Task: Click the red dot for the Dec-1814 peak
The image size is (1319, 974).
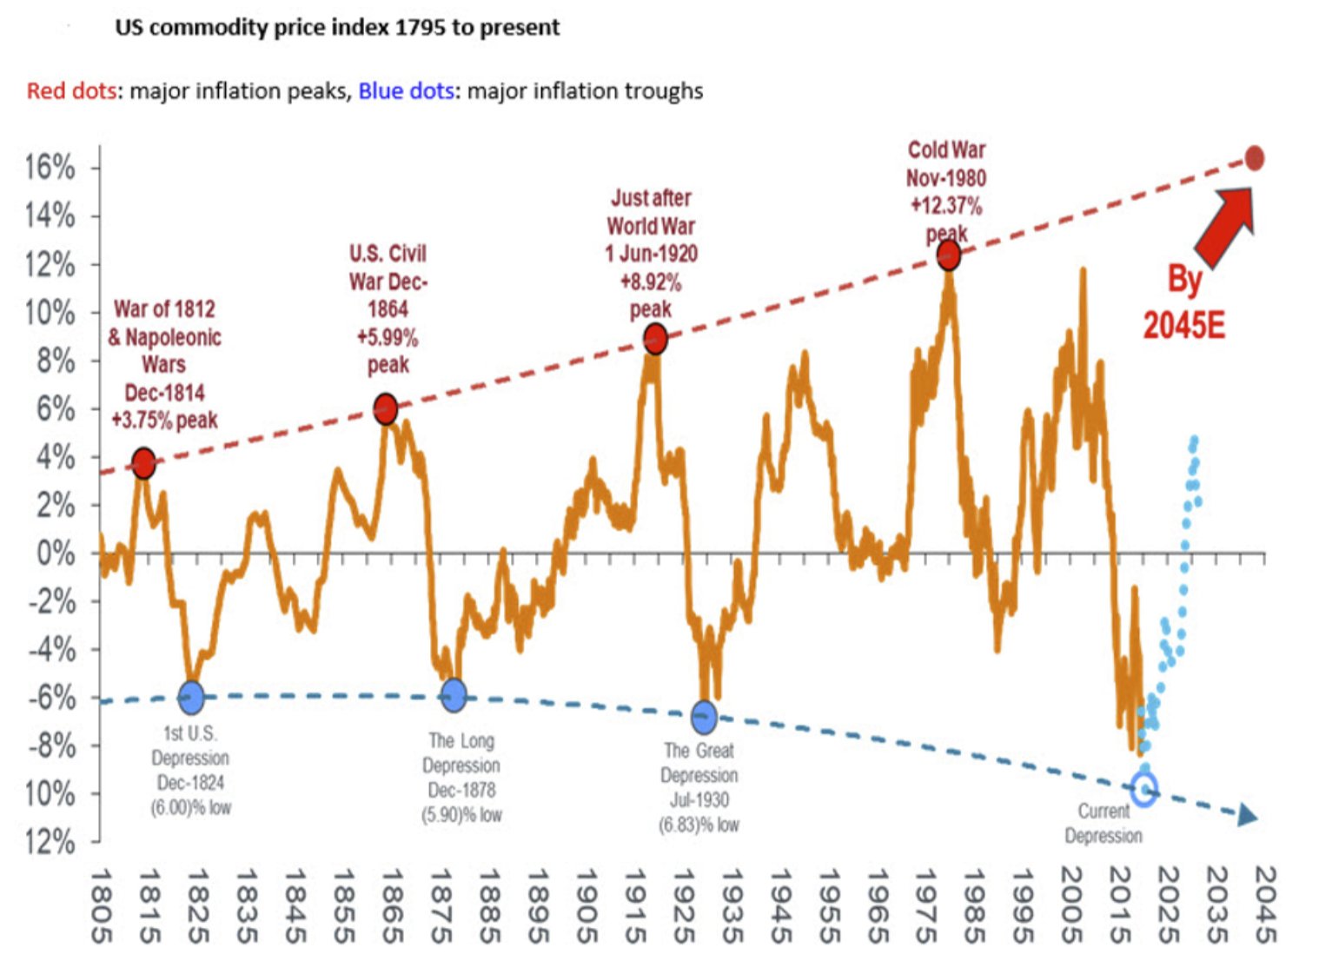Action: pyautogui.click(x=144, y=463)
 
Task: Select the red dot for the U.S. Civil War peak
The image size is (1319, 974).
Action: pyautogui.click(x=386, y=408)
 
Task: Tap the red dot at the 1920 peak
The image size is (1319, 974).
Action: pyautogui.click(x=656, y=339)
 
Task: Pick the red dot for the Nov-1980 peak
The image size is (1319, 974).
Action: pyautogui.click(x=949, y=255)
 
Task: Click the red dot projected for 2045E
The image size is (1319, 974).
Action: pyautogui.click(x=1254, y=158)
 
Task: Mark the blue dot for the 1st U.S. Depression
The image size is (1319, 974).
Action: pyautogui.click(x=191, y=696)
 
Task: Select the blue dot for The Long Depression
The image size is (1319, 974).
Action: pyautogui.click(x=454, y=695)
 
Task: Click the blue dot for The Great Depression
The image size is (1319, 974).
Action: pyautogui.click(x=704, y=717)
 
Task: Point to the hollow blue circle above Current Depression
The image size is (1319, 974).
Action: pyautogui.click(x=1144, y=789)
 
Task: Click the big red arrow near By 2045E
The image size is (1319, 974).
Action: pyautogui.click(x=1225, y=226)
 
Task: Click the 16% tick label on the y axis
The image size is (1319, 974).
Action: pyautogui.click(x=50, y=167)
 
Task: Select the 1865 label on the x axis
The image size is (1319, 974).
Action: pyautogui.click(x=392, y=905)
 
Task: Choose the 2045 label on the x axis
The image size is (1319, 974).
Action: pyautogui.click(x=1264, y=905)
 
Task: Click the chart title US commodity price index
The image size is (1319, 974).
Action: pyautogui.click(x=337, y=27)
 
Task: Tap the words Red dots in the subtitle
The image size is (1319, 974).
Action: pyautogui.click(x=71, y=90)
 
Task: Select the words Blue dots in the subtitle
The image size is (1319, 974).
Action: pyautogui.click(x=406, y=90)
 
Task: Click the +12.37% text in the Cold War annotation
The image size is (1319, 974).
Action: pyautogui.click(x=946, y=206)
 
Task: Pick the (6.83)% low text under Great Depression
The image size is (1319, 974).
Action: pyautogui.click(x=699, y=825)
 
